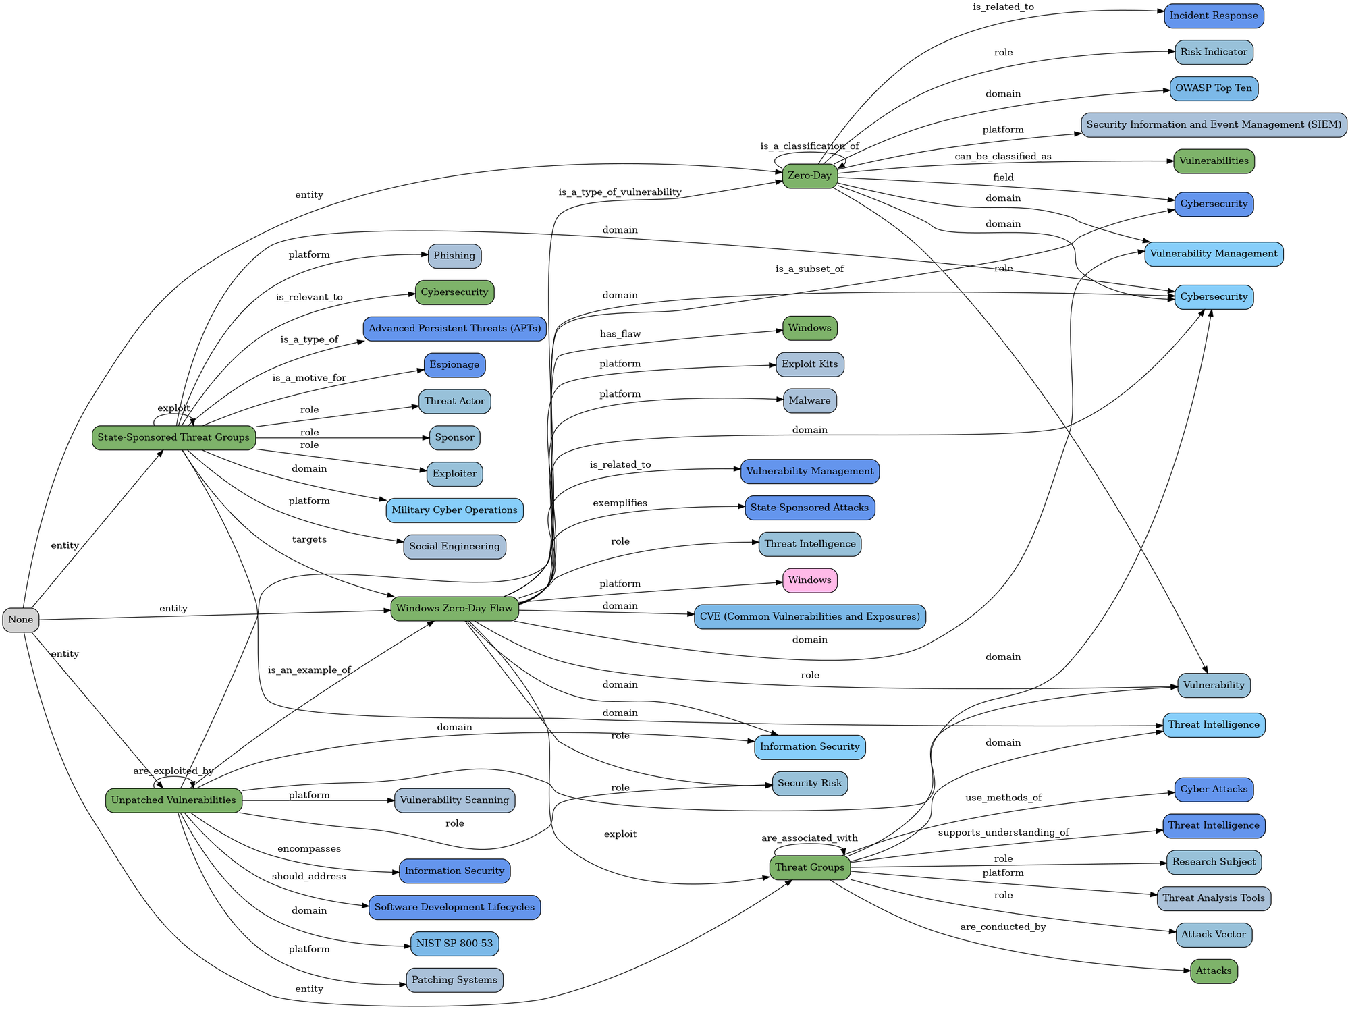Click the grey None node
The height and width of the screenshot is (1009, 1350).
pos(21,620)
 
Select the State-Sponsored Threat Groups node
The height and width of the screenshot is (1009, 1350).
pos(173,438)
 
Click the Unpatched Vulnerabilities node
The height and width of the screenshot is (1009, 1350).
pos(174,800)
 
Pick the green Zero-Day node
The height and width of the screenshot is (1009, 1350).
pos(810,176)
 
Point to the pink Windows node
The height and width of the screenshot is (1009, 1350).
pos(810,580)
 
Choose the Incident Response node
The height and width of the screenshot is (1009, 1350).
pos(1214,16)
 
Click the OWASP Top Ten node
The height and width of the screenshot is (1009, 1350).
pos(1214,88)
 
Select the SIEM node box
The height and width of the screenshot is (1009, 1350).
pos(1214,125)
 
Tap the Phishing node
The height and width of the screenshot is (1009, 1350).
pos(454,256)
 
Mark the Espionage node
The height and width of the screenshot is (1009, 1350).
pos(454,365)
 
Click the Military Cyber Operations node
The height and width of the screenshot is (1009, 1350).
pos(454,510)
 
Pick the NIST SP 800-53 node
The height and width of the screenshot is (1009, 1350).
pos(454,944)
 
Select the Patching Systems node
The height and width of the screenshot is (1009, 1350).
pos(454,980)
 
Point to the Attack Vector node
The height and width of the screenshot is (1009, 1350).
pos(1214,935)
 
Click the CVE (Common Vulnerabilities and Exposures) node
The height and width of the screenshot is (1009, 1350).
pos(810,617)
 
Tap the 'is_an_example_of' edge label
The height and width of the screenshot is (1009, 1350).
pos(309,670)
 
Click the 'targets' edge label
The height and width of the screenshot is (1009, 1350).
pos(309,539)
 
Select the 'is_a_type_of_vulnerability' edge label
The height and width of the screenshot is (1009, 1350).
pos(620,192)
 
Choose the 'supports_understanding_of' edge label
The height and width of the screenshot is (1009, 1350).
pos(1003,832)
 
